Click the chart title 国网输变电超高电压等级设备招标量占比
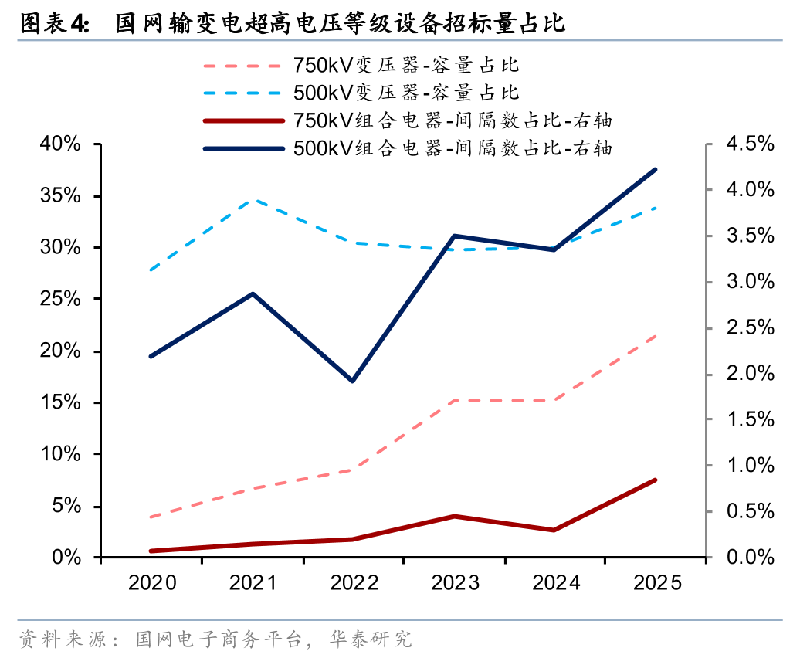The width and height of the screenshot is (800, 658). (340, 25)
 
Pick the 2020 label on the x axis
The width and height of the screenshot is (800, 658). (151, 583)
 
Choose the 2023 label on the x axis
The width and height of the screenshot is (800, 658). (454, 583)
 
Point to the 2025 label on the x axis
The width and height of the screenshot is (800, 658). (656, 583)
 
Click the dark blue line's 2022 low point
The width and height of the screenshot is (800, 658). (353, 381)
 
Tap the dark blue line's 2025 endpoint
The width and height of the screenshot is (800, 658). (656, 170)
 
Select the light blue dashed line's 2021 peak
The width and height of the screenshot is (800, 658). (253, 200)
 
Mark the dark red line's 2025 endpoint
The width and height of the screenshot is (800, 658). (656, 480)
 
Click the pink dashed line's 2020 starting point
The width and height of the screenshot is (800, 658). (151, 517)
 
